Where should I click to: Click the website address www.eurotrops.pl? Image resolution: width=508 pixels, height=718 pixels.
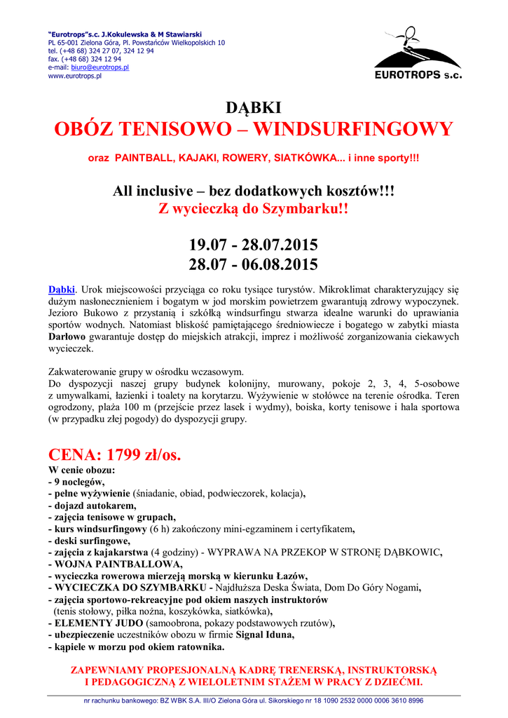(x=75, y=76)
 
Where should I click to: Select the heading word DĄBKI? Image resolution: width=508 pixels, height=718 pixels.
(x=253, y=108)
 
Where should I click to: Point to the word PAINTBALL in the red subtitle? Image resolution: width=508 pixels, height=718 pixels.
(x=143, y=158)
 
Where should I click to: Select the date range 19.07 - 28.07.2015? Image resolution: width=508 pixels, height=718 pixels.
(x=253, y=245)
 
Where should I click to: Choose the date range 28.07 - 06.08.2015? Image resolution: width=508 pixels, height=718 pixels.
(x=253, y=264)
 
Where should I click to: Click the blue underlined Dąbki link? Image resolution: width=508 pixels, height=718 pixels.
(x=61, y=289)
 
